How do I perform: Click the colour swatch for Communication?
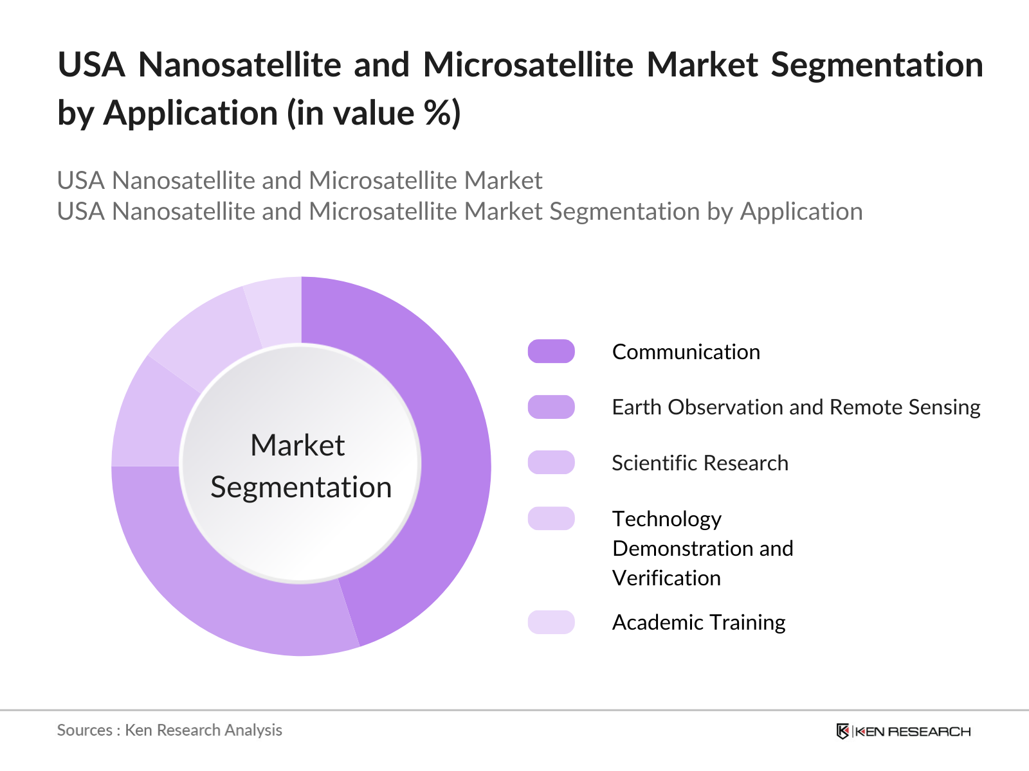551,351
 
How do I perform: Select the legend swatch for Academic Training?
551,622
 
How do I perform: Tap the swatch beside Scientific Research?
551,463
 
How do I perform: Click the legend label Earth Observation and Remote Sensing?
796,407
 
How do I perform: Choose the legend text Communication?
686,352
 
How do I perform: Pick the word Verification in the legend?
666,578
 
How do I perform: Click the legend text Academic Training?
698,623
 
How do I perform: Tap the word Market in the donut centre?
297,445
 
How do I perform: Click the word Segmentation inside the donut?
301,487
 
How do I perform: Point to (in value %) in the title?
374,114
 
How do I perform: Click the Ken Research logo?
903,731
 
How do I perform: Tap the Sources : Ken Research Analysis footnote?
169,731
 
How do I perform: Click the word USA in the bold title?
91,65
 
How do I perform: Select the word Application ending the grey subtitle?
801,211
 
